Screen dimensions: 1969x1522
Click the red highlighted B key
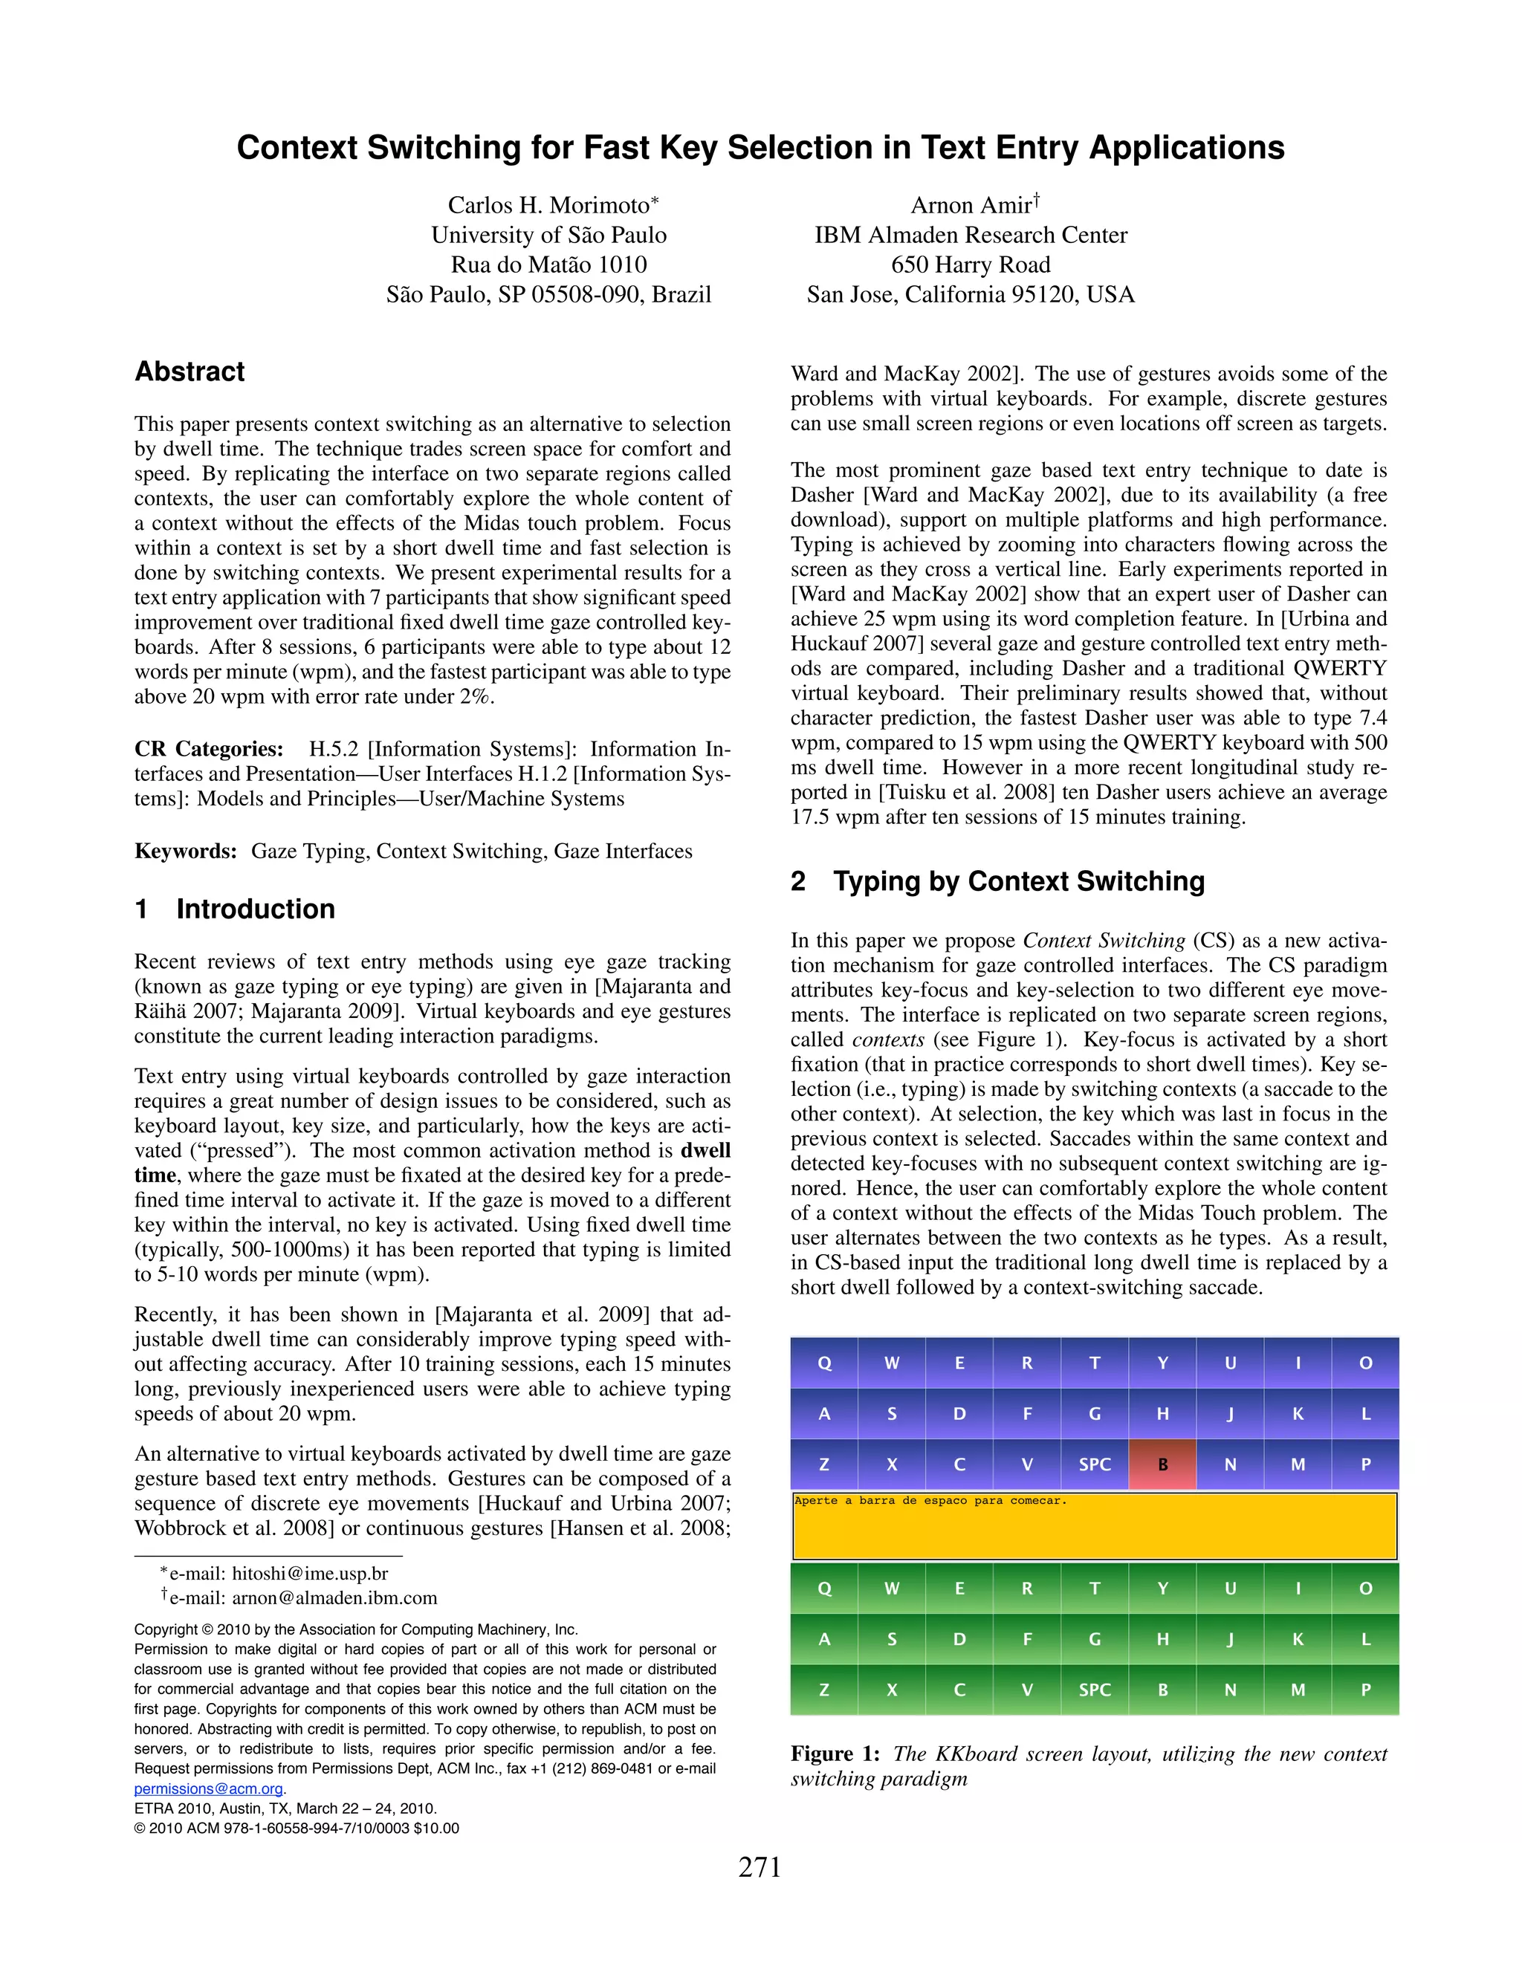1162,1464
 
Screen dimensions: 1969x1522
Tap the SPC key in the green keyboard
1095,1690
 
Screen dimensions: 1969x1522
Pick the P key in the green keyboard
1365,1690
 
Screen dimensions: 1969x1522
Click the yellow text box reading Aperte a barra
1095,1526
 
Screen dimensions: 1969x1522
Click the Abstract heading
190,372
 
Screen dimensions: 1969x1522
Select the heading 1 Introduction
234,909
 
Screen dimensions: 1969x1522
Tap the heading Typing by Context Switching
1018,880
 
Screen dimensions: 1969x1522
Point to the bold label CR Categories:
208,749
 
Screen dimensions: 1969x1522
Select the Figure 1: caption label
835,1754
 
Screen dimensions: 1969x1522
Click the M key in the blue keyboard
1298,1464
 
